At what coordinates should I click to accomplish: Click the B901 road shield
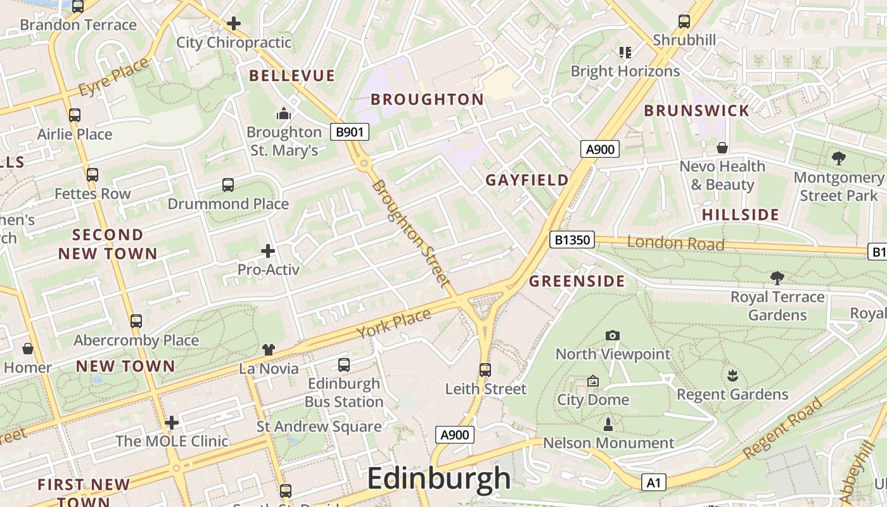350,132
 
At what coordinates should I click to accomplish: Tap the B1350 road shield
571,240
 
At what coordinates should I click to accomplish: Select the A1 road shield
653,482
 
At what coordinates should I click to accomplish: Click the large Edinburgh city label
438,478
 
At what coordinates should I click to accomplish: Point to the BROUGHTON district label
427,99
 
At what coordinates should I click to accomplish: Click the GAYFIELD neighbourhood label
527,180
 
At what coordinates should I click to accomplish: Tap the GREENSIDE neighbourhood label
577,281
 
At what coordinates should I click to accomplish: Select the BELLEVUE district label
291,76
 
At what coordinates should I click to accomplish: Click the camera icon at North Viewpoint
612,335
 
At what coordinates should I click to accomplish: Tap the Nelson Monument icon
608,424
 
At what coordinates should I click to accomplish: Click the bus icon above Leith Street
485,369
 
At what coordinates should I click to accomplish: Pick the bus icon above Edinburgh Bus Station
344,364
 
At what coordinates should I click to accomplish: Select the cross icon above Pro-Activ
268,251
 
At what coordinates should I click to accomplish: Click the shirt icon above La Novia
269,350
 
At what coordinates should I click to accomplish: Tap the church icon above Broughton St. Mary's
283,113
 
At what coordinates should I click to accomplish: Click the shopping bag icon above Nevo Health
722,148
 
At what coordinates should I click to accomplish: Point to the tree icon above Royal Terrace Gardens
777,278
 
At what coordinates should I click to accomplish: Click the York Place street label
393,323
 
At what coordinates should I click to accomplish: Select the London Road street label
675,243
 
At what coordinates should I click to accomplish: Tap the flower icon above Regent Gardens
732,375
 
